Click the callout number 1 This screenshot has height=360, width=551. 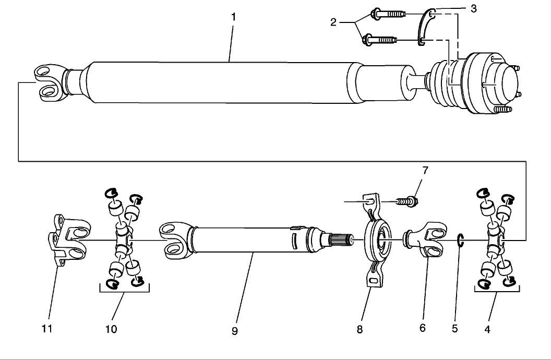pos(233,17)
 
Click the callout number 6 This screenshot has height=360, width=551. pos(422,328)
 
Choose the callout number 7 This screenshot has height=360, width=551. pos(425,171)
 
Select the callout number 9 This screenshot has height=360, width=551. pos(235,331)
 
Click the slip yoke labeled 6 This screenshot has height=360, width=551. pos(425,240)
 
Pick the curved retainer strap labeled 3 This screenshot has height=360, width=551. pos(425,30)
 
